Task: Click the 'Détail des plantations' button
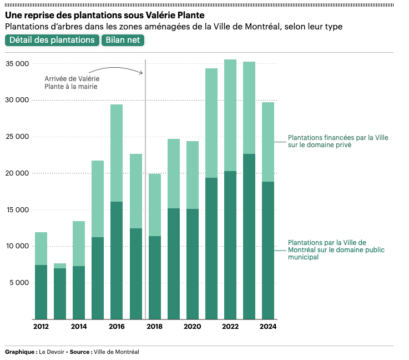pos(52,40)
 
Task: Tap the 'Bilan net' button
pos(123,40)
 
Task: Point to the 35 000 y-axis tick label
pos(17,64)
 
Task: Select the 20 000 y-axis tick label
pos(17,173)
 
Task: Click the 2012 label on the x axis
pos(41,327)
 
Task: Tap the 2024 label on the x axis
pos(268,327)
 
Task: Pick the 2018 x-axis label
pos(154,327)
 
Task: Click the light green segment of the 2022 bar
pos(230,115)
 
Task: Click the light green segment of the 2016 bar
pos(117,153)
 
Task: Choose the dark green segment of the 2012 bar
pos(41,292)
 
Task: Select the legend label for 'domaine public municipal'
pos(335,249)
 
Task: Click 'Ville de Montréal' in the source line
pos(117,352)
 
